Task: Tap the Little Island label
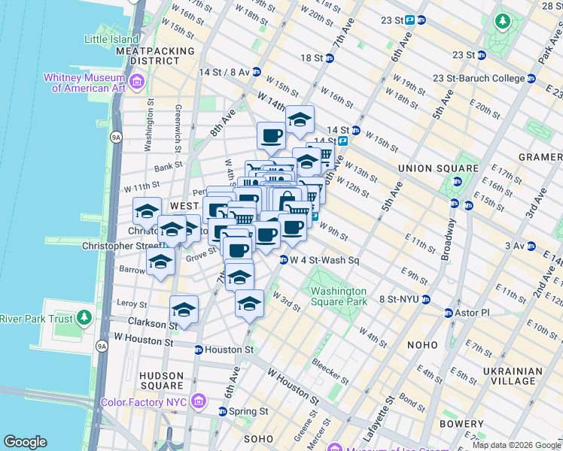(x=111, y=39)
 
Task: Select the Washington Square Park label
(x=338, y=296)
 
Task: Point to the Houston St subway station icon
(x=198, y=350)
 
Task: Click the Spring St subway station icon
(x=223, y=412)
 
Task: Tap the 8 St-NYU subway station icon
(x=426, y=299)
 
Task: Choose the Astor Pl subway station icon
(x=449, y=313)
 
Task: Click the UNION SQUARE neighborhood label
(x=437, y=168)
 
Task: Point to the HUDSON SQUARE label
(x=161, y=381)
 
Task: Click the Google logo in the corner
(x=25, y=442)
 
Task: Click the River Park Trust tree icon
(x=84, y=319)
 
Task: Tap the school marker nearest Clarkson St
(x=184, y=309)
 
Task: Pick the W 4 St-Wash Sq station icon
(x=284, y=261)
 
